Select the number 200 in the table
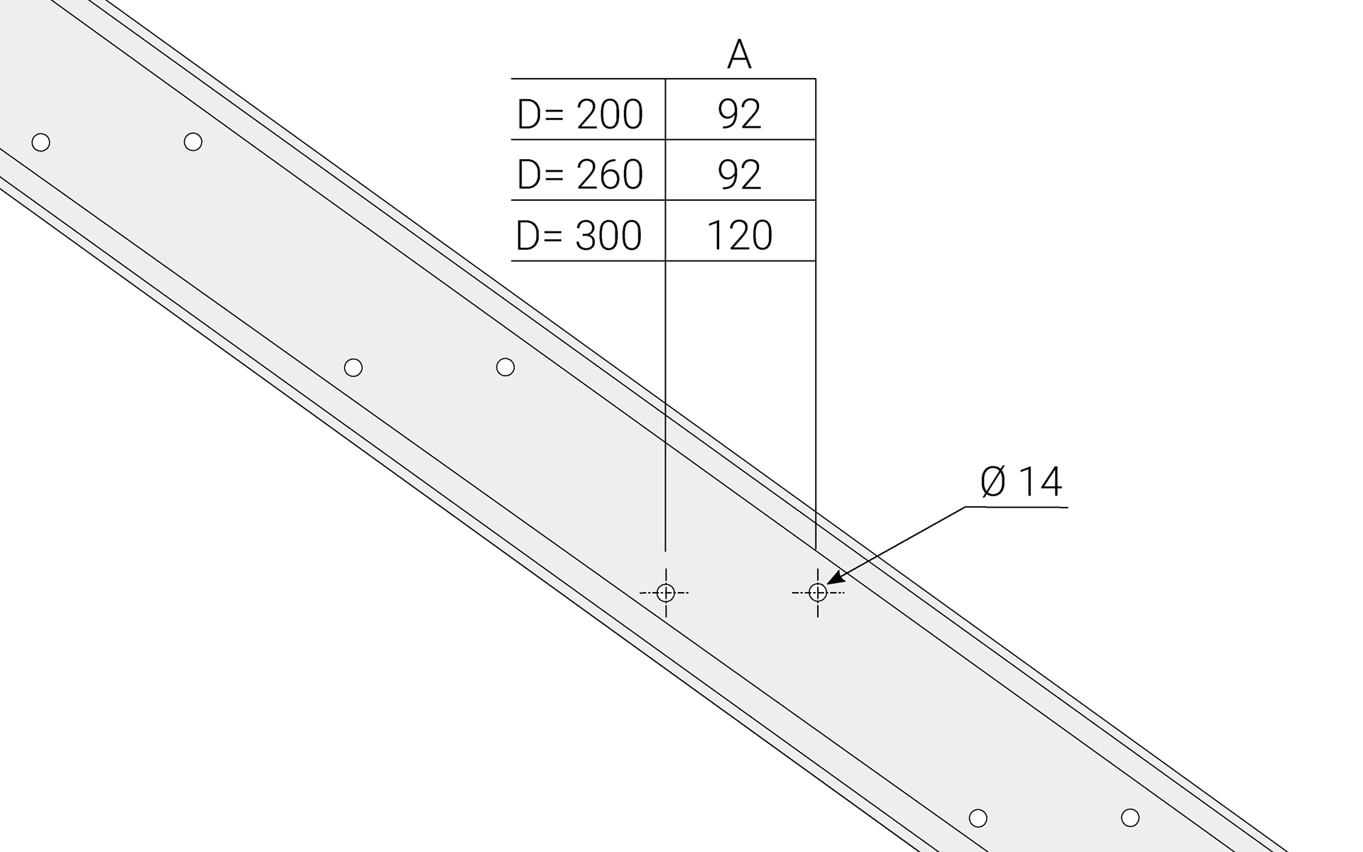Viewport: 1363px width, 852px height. pos(610,114)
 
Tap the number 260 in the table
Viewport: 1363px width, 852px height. pos(610,175)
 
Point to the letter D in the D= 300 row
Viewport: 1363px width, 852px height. pos(528,236)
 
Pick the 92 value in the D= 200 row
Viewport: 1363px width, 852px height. pos(740,114)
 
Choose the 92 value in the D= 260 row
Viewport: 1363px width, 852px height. pos(740,175)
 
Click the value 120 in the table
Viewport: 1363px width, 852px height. pos(740,236)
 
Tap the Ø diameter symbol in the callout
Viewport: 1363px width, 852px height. pos(994,482)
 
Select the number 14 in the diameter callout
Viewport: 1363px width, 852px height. pos(1041,482)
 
